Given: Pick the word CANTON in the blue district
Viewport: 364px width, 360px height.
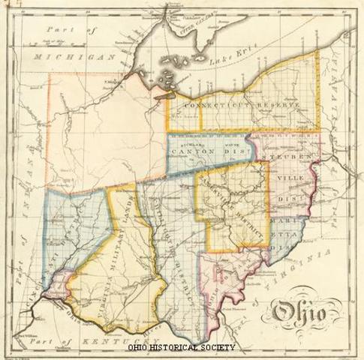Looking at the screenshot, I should tap(192, 151).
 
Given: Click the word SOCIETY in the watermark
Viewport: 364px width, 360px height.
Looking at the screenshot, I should tap(214, 347).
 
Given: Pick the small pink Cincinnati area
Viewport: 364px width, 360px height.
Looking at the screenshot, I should tap(59, 286).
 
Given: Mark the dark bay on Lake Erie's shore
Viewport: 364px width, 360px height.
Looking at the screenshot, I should tap(162, 95).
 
